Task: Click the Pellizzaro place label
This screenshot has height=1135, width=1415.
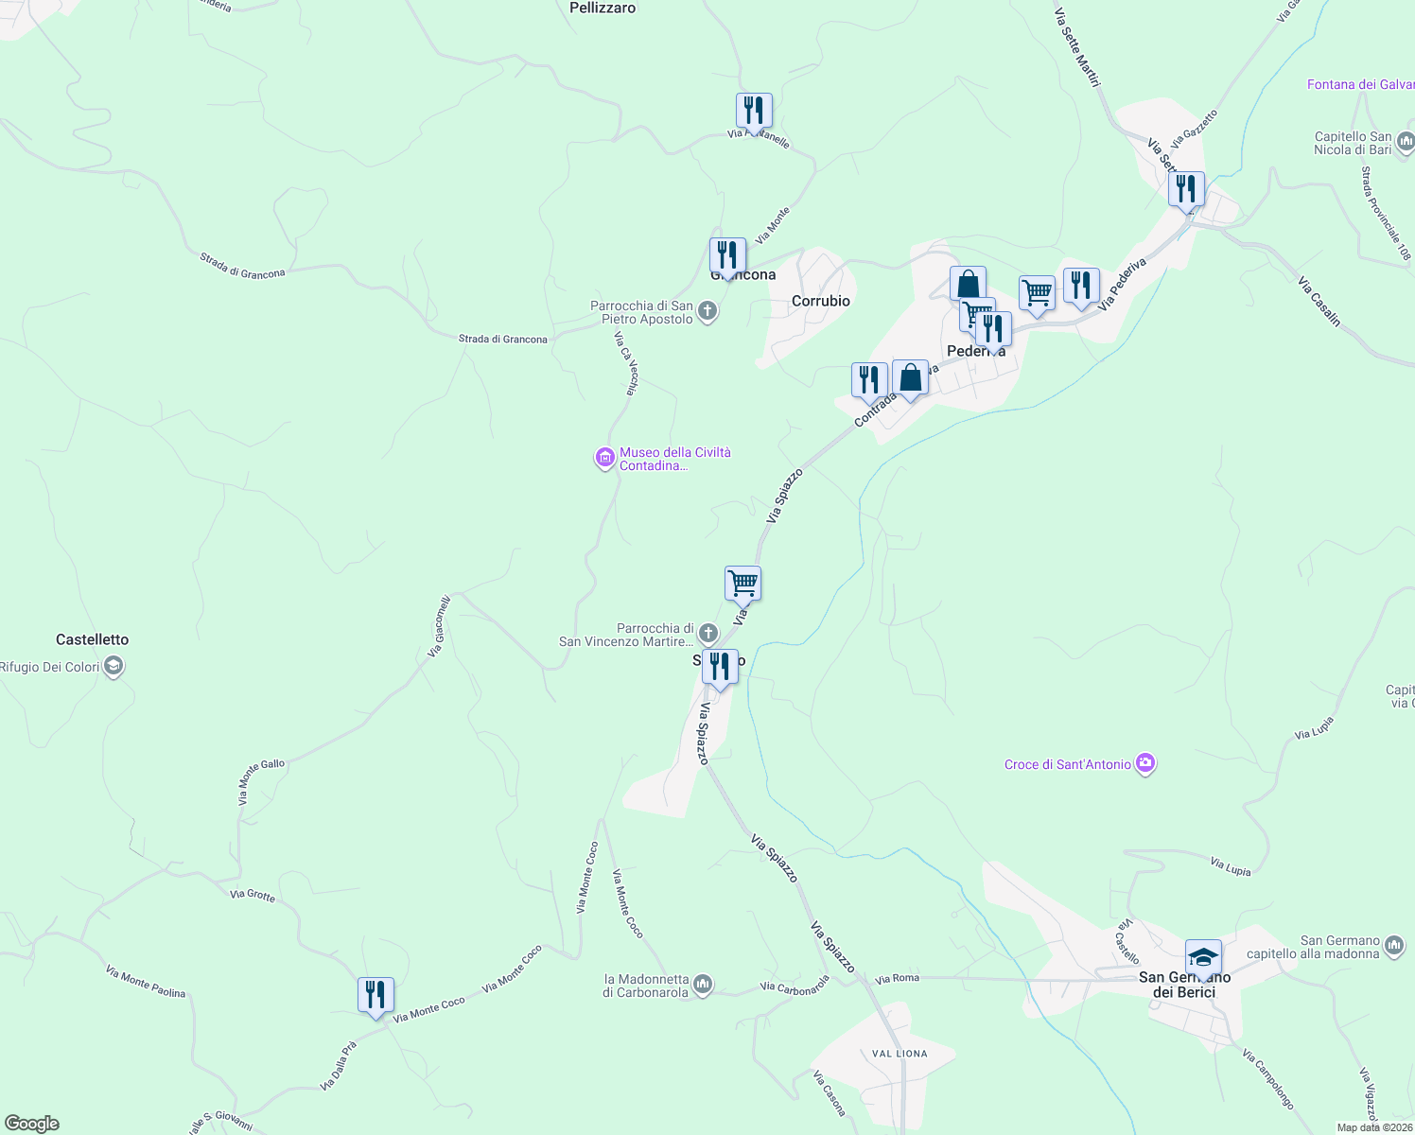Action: (x=603, y=8)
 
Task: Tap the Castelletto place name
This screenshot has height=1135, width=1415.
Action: (x=92, y=639)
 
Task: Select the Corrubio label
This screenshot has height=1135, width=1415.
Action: (x=820, y=301)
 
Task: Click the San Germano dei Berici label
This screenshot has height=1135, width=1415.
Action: (x=1183, y=985)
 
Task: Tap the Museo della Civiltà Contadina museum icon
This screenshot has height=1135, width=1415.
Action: (x=604, y=459)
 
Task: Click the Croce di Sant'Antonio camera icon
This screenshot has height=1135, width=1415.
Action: (x=1145, y=763)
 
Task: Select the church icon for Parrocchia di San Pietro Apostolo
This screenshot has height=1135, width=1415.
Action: (x=707, y=311)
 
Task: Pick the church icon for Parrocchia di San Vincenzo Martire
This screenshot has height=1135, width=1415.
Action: (x=708, y=634)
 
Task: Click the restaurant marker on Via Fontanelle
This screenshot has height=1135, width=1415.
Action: (x=754, y=111)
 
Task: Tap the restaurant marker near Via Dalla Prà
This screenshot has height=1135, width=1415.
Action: (x=376, y=995)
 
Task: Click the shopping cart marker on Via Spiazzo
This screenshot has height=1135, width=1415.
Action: (x=742, y=584)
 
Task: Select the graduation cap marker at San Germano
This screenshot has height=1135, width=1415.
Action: (x=1203, y=957)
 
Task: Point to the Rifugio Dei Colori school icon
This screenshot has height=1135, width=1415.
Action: (x=114, y=667)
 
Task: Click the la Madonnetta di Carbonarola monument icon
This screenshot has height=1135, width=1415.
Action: (x=703, y=986)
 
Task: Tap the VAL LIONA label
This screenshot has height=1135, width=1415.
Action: (x=900, y=1054)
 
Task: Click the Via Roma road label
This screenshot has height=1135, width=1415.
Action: (x=897, y=978)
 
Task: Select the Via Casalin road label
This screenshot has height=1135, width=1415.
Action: (x=1319, y=302)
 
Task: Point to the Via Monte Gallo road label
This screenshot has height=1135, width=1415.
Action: (x=260, y=780)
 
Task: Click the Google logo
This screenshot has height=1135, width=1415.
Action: (x=32, y=1124)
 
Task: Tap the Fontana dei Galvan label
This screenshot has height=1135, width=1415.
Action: (x=1360, y=85)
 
